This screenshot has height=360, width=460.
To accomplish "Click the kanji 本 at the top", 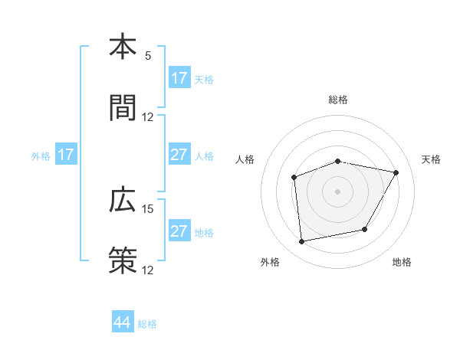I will tap(123, 47).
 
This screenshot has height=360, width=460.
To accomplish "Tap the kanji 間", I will tap(123, 107).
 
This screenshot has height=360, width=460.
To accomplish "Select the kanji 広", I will tap(123, 200).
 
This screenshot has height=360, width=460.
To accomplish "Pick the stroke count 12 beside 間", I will tap(148, 117).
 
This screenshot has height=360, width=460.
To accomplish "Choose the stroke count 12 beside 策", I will tap(148, 270).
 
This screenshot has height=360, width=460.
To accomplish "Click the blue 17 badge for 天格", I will tap(179, 78).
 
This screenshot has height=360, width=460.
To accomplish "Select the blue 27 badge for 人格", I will tap(179, 155).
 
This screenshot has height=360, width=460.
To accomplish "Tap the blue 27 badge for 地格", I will tap(179, 231).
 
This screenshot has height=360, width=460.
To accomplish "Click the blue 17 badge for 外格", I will tap(66, 155).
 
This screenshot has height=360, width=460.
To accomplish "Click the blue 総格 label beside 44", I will tap(147, 324).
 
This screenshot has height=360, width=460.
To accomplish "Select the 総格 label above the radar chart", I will tap(338, 100).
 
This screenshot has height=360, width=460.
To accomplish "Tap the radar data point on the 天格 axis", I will tap(396, 173).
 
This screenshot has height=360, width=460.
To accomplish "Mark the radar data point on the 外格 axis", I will tap(302, 241).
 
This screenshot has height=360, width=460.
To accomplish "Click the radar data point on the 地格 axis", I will tap(365, 229).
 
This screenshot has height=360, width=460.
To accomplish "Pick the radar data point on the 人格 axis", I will tap(294, 178).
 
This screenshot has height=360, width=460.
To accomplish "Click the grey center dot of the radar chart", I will tap(338, 191).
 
